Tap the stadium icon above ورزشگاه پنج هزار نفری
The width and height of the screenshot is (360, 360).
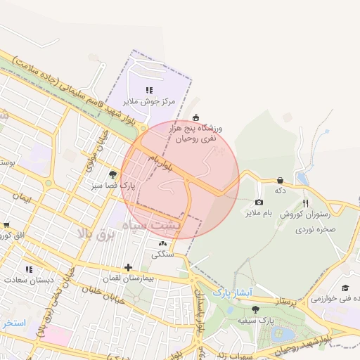click(195, 117)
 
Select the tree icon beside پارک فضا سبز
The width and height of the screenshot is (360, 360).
click(112, 174)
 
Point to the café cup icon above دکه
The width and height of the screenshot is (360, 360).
click(281, 180)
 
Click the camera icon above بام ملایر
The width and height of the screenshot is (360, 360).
click(259, 202)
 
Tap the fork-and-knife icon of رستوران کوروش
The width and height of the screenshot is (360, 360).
click(305, 204)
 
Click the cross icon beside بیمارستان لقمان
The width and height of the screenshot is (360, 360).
click(127, 267)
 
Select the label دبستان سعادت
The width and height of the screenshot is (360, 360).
click(30, 280)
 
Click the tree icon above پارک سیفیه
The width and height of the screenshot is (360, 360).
click(255, 310)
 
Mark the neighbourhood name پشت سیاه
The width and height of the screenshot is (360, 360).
click(156, 226)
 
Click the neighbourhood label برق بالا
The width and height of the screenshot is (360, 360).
click(95, 234)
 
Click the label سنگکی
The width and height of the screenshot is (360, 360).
click(162, 255)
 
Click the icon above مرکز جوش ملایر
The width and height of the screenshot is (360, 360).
click(148, 90)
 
